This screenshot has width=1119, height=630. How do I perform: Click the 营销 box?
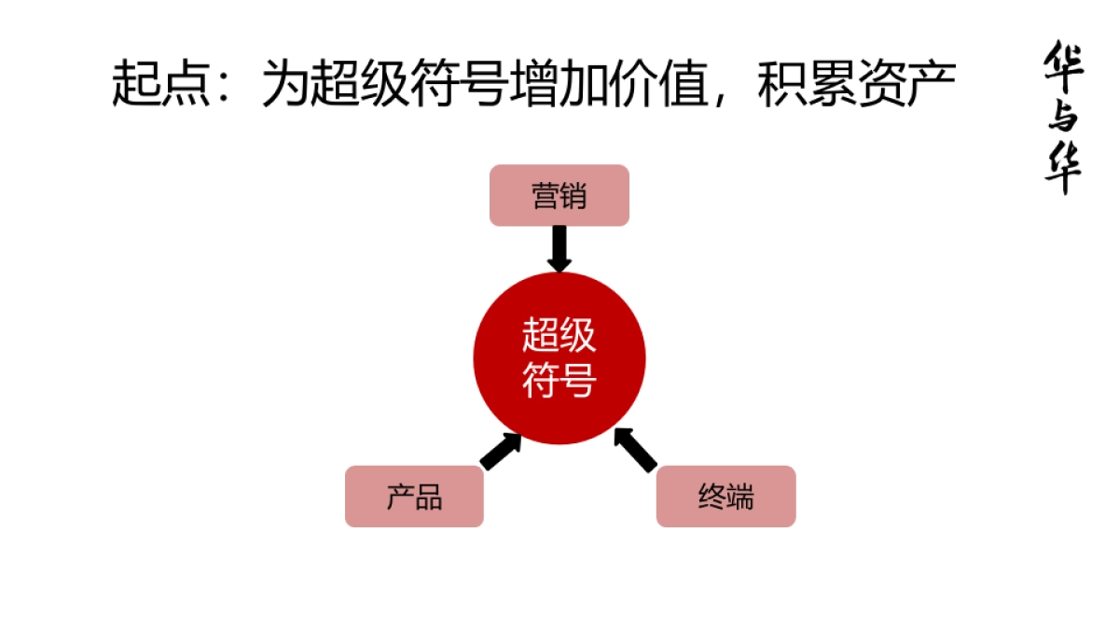tap(559, 196)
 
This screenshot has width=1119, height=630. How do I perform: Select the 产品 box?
tap(414, 497)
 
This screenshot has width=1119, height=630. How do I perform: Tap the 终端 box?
tap(725, 497)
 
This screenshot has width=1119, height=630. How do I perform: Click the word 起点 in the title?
tap(159, 84)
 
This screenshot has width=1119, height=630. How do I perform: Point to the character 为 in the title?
tap(284, 84)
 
